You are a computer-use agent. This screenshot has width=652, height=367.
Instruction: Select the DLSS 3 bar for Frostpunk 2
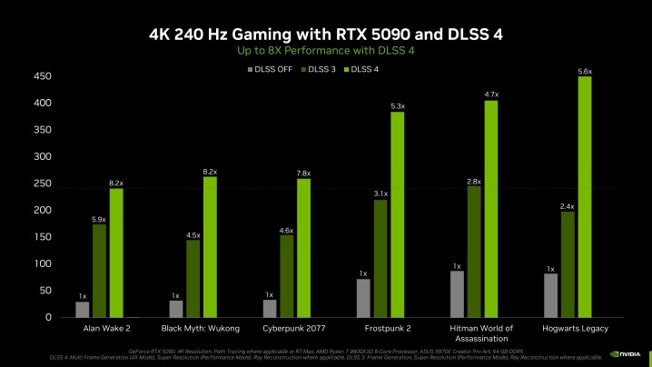380,259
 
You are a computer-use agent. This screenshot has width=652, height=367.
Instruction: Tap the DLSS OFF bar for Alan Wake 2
83,309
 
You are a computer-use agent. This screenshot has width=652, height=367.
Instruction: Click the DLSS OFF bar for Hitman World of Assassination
458,293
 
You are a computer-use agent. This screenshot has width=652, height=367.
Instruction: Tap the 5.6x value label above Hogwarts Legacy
585,71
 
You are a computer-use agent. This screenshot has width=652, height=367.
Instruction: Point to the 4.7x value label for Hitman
491,94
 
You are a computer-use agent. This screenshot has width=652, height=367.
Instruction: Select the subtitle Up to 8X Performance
325,51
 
